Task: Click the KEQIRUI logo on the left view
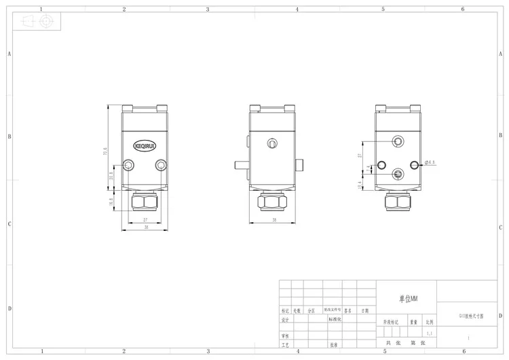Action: click(x=145, y=145)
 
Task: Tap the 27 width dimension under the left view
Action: click(x=145, y=219)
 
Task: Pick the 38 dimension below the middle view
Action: click(x=273, y=220)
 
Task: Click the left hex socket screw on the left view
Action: click(x=129, y=165)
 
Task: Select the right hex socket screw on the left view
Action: click(x=160, y=165)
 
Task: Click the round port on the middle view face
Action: click(x=272, y=143)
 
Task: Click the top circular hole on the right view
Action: click(x=398, y=141)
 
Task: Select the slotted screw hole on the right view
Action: click(x=398, y=173)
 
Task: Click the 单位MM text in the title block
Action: click(x=407, y=298)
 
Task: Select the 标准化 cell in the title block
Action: click(x=336, y=319)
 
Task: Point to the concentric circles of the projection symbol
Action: click(x=45, y=21)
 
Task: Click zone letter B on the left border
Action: click(x=9, y=137)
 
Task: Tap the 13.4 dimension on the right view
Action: click(x=360, y=183)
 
